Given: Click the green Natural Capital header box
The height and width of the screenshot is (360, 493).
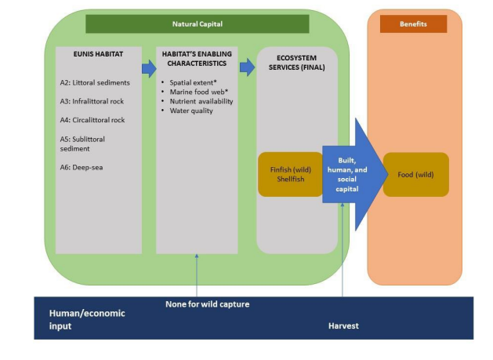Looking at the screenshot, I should pyautogui.click(x=197, y=24).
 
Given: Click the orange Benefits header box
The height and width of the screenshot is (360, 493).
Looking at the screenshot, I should pyautogui.click(x=413, y=24).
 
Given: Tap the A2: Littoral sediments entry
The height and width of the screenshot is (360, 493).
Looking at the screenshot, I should pyautogui.click(x=96, y=82).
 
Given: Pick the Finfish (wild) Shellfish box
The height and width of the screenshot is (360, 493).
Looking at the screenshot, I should pyautogui.click(x=290, y=174).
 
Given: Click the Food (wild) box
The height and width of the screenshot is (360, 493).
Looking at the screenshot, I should pyautogui.click(x=415, y=174).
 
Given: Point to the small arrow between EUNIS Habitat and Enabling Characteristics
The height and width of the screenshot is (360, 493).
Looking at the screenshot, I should pyautogui.click(x=149, y=68).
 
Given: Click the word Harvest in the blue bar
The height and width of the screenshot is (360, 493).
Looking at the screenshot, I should pyautogui.click(x=343, y=324).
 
